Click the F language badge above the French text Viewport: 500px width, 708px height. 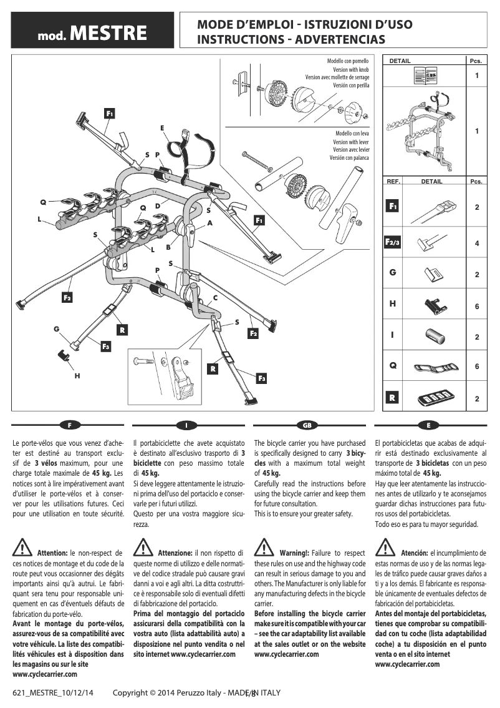click(70, 425)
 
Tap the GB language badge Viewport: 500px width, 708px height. click(307, 425)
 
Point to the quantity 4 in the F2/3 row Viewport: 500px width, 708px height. click(477, 243)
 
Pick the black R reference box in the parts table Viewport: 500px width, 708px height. click(393, 397)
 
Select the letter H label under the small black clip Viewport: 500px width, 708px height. click(77, 376)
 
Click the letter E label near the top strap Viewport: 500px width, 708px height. click(162, 128)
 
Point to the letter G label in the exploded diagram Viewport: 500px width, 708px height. click(56, 328)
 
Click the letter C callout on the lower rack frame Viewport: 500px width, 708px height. click(216, 297)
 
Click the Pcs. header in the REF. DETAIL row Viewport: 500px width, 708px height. click(476, 182)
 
